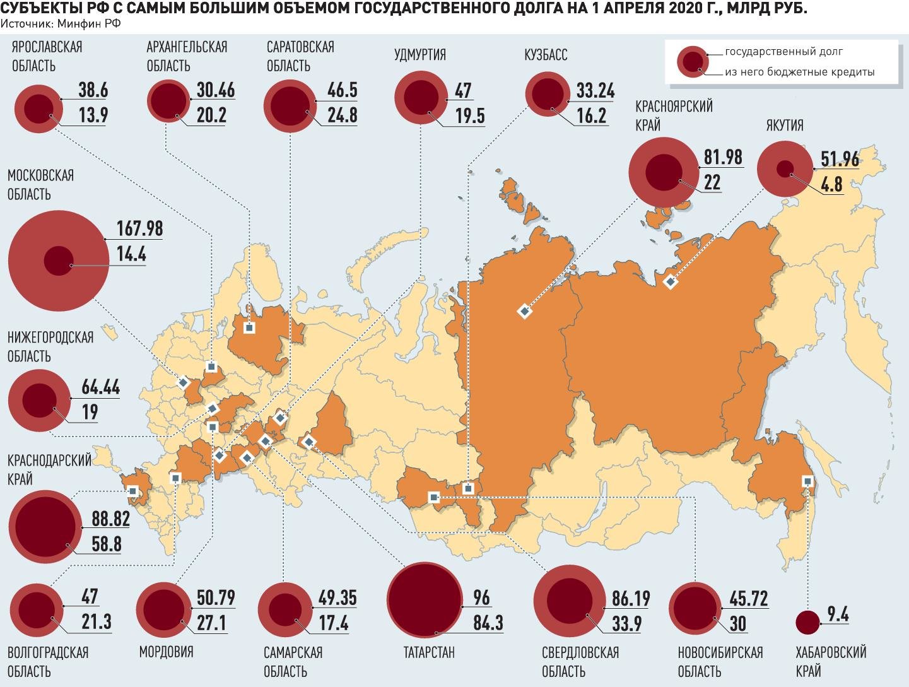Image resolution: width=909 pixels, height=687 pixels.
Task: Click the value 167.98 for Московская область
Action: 139,228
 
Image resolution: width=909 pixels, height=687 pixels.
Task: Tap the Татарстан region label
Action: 428,652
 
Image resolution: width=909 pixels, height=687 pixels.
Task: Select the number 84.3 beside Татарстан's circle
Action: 488,623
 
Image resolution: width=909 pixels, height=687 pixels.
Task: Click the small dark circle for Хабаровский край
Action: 807,623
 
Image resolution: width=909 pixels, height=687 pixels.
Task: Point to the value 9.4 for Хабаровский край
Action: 837,614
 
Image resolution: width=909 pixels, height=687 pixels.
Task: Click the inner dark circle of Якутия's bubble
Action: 785,168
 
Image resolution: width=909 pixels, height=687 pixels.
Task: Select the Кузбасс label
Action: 546,55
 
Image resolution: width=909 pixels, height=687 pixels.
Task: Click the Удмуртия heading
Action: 419,55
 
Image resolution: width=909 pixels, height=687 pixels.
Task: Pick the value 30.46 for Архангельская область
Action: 215,90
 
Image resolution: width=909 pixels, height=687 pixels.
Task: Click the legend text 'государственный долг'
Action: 783,52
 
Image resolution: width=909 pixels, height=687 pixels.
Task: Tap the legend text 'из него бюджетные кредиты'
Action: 799,72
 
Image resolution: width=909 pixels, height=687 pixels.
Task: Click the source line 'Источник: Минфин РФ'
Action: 61,23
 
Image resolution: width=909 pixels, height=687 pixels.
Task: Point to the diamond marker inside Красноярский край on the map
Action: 524,311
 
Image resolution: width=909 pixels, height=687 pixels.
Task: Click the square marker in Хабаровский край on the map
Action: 807,481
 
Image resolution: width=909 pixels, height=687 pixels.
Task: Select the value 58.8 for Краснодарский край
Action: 107,544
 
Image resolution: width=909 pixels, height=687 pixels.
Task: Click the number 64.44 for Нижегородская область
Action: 100,387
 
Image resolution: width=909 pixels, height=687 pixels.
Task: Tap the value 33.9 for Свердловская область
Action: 626,623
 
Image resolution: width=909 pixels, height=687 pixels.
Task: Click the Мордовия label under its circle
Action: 166,652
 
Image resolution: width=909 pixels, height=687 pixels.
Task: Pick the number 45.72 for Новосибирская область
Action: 748,598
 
